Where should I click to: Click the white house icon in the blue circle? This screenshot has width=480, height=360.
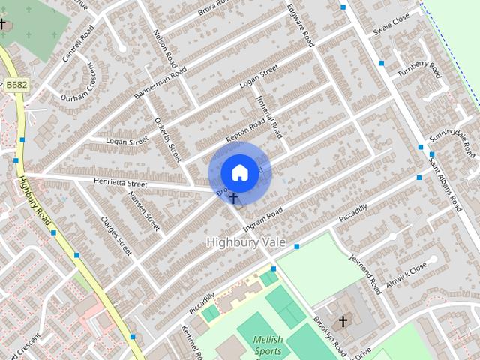pos(239,173)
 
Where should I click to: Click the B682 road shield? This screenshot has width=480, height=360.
pos(16,85)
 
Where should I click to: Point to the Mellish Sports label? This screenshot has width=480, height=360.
pos(268,344)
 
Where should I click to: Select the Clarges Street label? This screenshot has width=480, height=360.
pos(116,235)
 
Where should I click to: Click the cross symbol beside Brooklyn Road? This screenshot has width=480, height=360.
pos(343,322)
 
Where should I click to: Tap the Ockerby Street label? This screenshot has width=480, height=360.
pos(168,139)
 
